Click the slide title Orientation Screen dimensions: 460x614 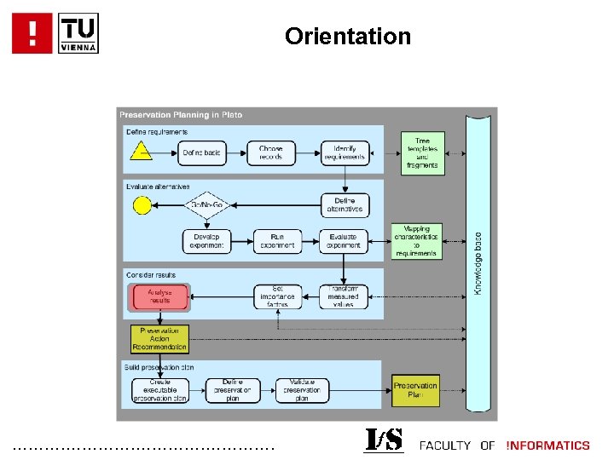point(347,37)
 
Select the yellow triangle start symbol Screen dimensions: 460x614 point(141,152)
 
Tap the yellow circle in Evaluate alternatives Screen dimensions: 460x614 point(142,204)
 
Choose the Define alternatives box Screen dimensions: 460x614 point(345,204)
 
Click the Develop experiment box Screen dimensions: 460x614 point(206,241)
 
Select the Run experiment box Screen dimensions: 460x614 point(277,241)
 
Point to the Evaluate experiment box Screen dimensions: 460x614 point(345,241)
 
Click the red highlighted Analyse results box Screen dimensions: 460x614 point(159,297)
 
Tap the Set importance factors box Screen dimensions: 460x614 point(277,297)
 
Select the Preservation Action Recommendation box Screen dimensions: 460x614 point(159,338)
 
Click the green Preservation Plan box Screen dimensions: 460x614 point(415,390)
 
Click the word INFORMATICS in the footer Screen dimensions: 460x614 point(547,445)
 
